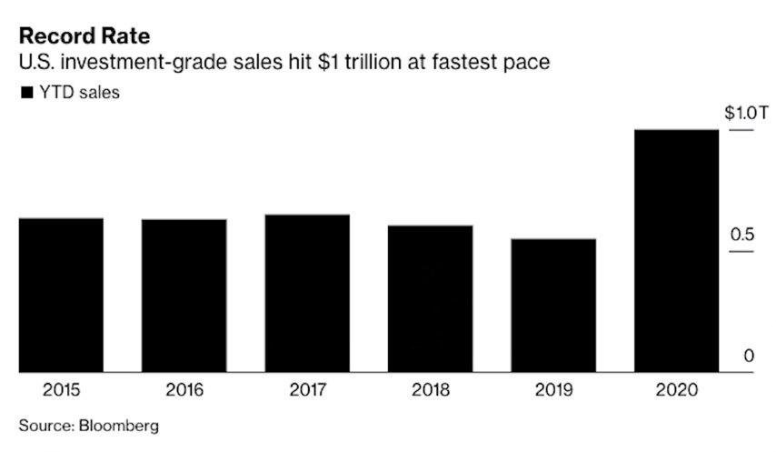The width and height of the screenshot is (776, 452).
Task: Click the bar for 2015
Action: pos(61,295)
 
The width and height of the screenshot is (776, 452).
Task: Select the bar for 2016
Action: pos(184,296)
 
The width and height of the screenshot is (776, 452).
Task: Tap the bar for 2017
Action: pos(307,293)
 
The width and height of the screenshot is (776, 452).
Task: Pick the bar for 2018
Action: pos(431,298)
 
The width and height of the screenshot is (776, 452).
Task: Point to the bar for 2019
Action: pos(553,306)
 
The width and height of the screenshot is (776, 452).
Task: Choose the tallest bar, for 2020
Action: pos(676,250)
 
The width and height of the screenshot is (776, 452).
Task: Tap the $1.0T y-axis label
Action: pos(747,114)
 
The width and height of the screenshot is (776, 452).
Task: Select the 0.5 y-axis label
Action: pos(743,236)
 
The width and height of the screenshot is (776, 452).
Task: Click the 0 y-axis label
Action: pos(749,356)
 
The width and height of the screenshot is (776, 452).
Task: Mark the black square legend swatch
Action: pos(25,92)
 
